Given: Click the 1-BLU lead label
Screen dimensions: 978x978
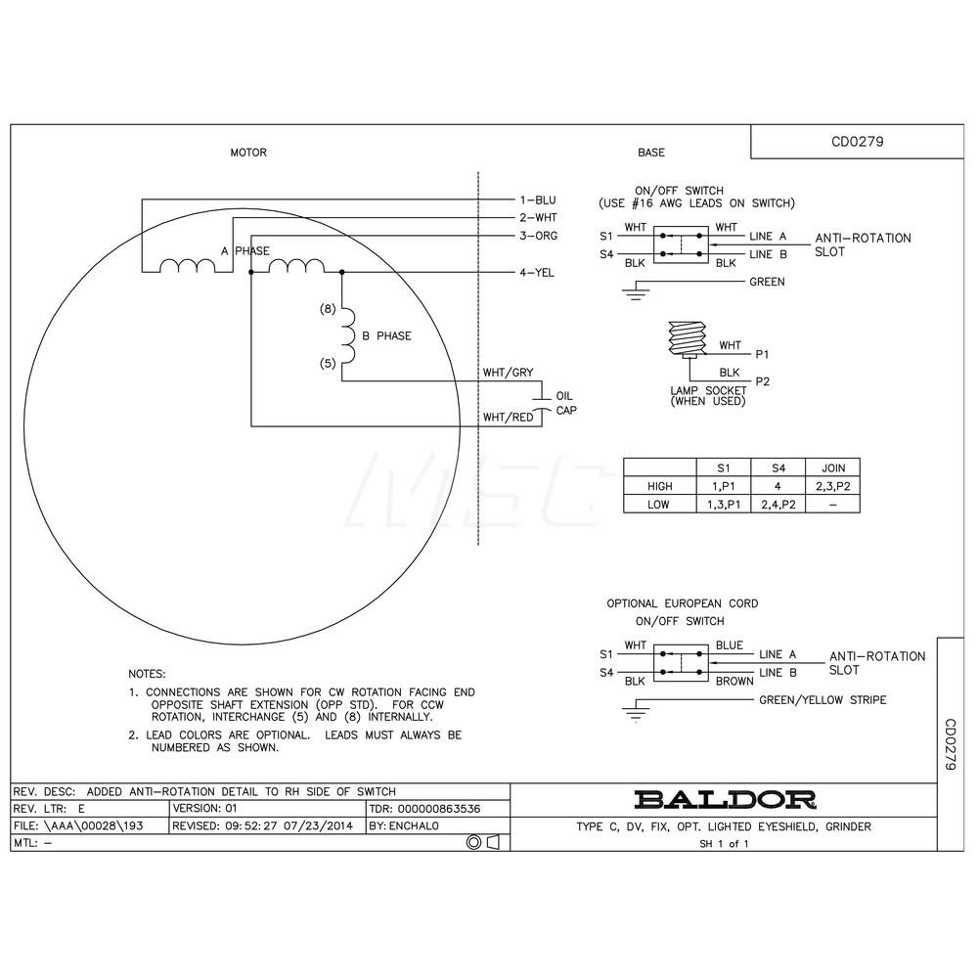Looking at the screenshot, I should pyautogui.click(x=536, y=200).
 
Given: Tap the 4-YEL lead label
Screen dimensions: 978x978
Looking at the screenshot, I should pyautogui.click(x=536, y=273).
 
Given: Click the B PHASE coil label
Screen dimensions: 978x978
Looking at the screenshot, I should pyautogui.click(x=386, y=335).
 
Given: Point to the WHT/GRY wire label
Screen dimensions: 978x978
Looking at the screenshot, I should pyautogui.click(x=508, y=373).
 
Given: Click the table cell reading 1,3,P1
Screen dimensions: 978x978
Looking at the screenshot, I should pyautogui.click(x=723, y=504).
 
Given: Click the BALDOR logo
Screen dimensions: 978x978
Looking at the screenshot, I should pyautogui.click(x=725, y=799).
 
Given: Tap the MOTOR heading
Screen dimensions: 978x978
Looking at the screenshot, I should pyautogui.click(x=247, y=153).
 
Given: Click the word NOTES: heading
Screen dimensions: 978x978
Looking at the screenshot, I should pyautogui.click(x=148, y=675).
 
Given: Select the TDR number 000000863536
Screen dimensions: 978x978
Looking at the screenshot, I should pyautogui.click(x=440, y=809).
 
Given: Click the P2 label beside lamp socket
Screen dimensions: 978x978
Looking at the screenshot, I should pyautogui.click(x=763, y=382).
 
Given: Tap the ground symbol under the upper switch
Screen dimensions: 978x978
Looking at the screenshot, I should pyautogui.click(x=638, y=289).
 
